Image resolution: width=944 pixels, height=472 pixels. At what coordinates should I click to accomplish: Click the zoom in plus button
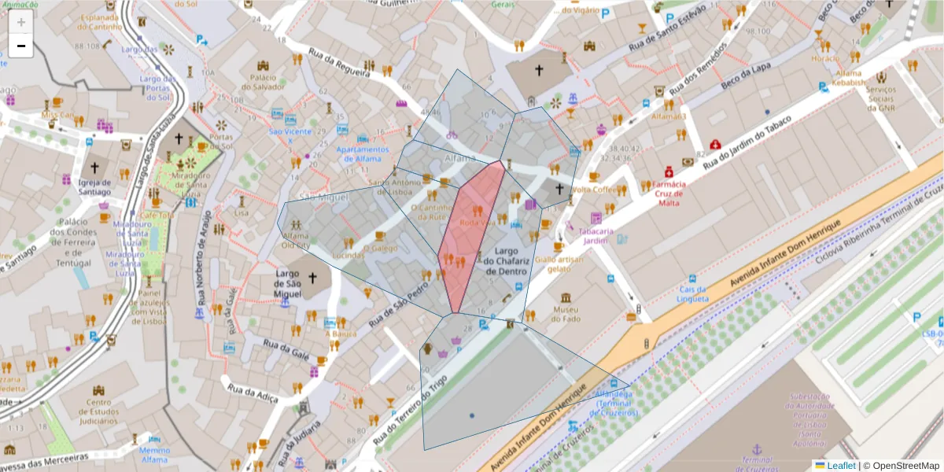21,22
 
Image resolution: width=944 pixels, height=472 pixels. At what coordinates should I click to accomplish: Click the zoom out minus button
21,46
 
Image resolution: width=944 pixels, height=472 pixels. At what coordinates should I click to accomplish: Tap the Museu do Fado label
566,313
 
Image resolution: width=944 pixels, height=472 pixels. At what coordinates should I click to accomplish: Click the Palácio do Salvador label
262,82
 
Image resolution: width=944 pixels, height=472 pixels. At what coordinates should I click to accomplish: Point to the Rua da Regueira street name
339,64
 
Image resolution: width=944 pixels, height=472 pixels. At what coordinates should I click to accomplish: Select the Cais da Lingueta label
692,293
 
